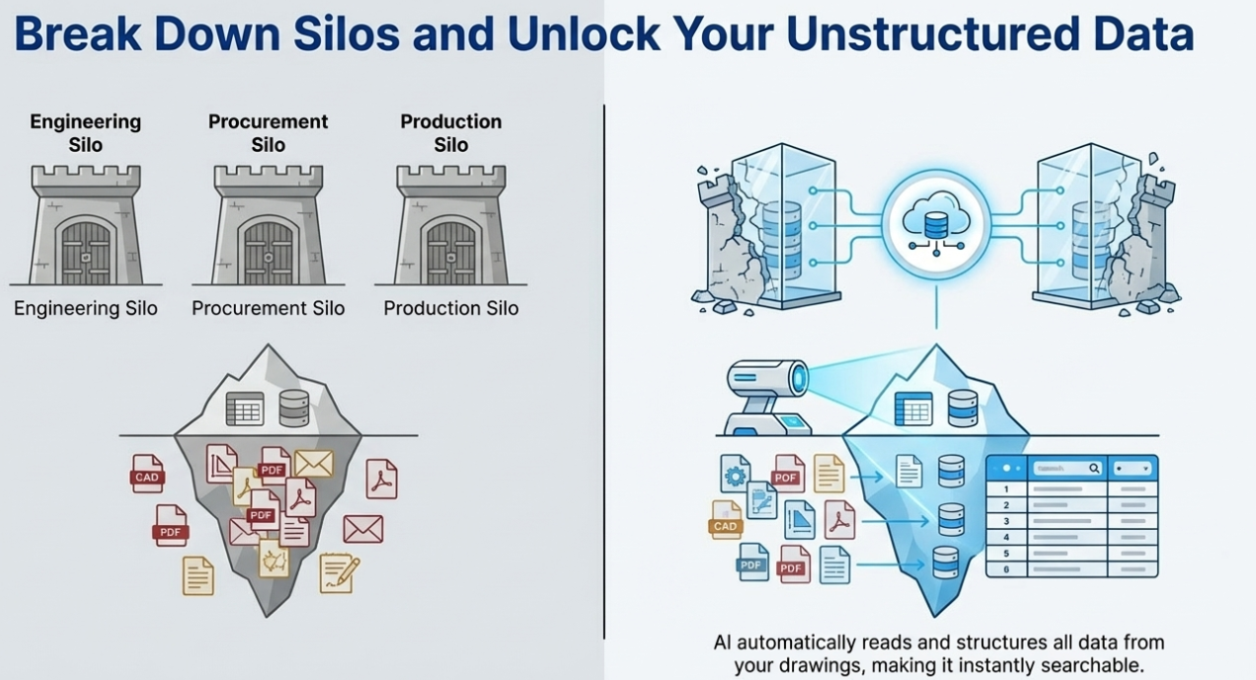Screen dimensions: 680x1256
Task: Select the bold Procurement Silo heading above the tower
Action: tap(268, 133)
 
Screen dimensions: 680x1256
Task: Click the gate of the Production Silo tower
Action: tap(450, 252)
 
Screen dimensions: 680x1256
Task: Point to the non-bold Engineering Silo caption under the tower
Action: tap(86, 308)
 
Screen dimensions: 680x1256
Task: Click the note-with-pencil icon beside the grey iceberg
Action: tap(339, 573)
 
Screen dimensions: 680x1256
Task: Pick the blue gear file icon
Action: tap(735, 475)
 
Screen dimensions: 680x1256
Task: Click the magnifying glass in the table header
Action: tap(1094, 469)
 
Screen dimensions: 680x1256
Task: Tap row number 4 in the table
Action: tap(1006, 537)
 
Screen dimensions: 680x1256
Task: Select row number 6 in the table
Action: tap(1006, 569)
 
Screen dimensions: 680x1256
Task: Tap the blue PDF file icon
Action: tap(753, 563)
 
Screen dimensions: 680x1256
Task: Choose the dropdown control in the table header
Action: tap(1133, 469)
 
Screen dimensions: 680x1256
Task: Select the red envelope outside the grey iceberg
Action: tap(362, 529)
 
